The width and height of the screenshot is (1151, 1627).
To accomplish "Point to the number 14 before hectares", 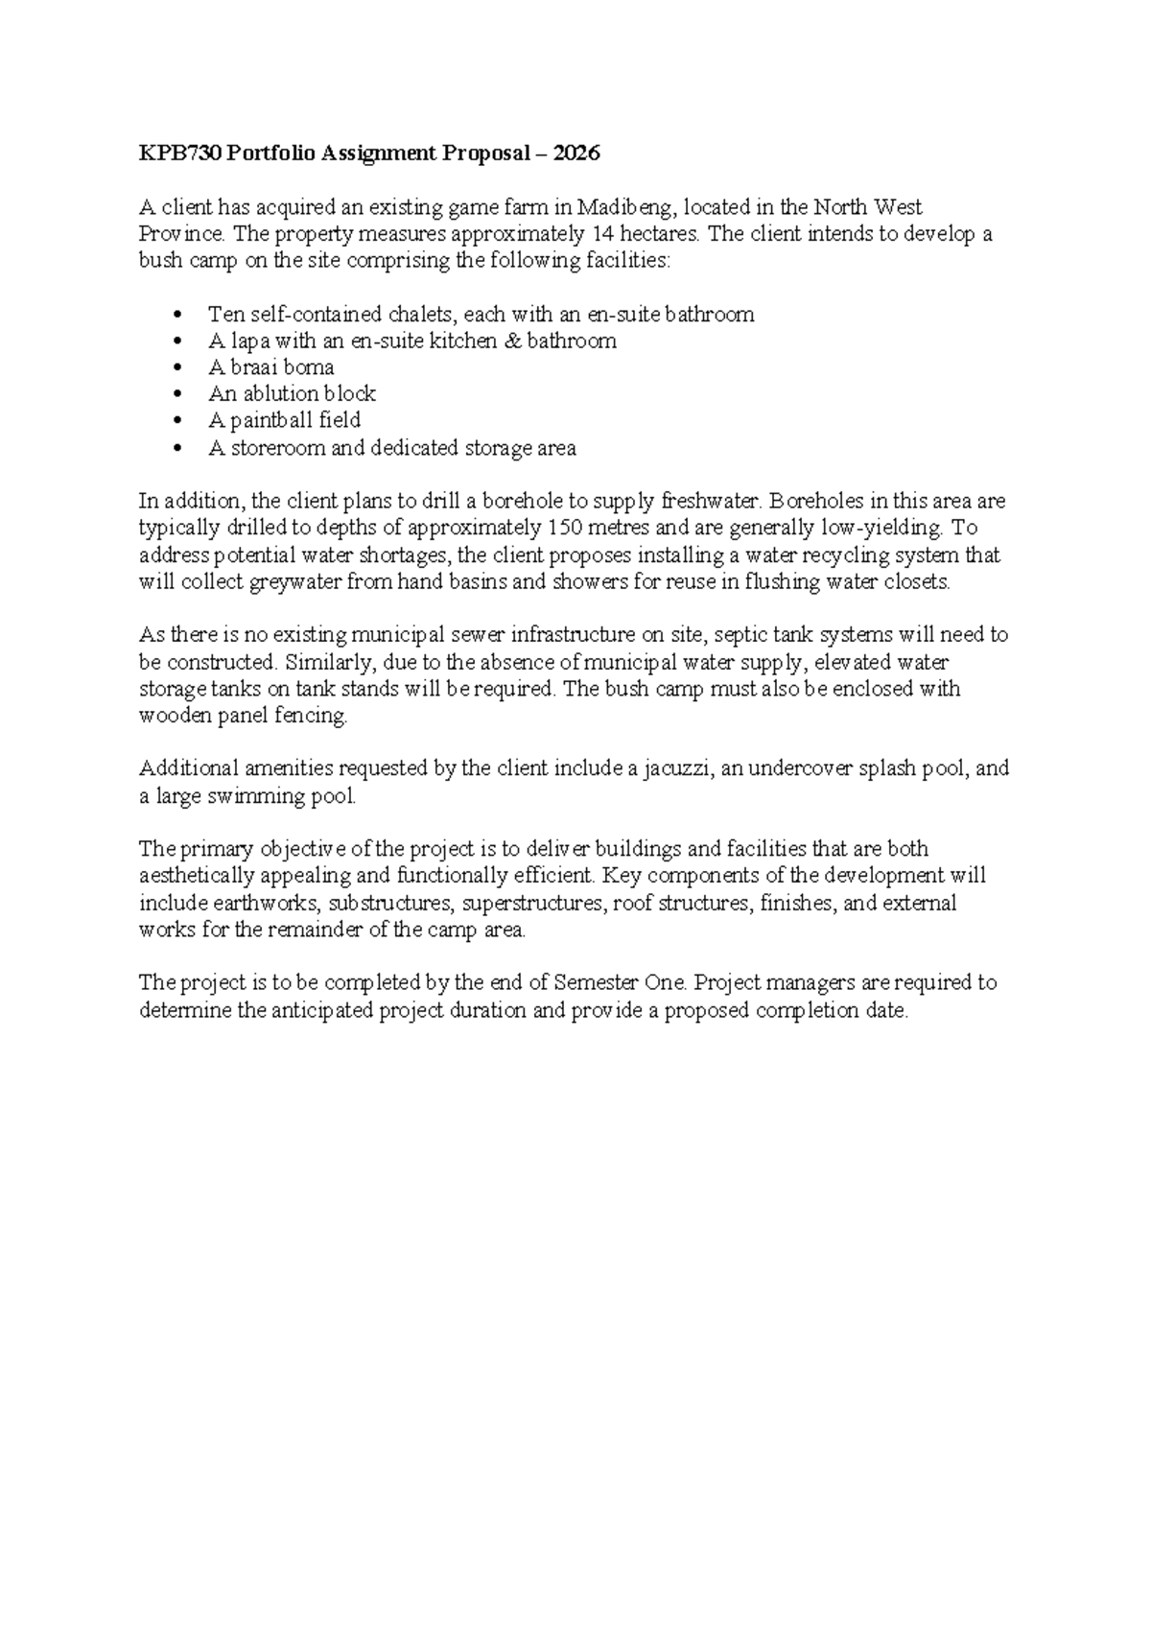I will (598, 234).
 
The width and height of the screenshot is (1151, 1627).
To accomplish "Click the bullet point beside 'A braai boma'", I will (176, 368).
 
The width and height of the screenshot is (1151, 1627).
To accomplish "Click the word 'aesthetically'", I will (199, 876).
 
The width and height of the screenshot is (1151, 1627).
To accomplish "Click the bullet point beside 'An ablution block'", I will (176, 394).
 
